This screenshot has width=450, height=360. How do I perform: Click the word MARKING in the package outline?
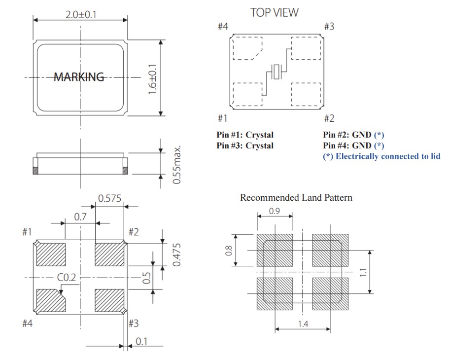click(x=79, y=77)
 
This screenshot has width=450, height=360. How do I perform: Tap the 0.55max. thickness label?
click(x=178, y=165)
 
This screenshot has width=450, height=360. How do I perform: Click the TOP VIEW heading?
click(x=274, y=12)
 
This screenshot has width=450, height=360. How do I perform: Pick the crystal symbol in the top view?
click(x=277, y=72)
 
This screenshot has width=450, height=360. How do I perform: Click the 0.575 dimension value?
click(x=110, y=199)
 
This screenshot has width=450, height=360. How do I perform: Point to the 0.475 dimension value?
click(x=178, y=254)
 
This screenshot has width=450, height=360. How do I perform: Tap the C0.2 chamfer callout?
click(x=67, y=278)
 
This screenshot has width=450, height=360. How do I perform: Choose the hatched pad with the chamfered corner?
click(x=51, y=300)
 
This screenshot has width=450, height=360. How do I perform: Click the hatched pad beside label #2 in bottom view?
click(x=109, y=254)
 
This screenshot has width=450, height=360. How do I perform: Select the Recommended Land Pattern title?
click(x=296, y=198)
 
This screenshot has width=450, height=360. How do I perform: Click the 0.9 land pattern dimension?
click(x=276, y=211)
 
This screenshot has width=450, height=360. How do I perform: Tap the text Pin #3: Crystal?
click(x=245, y=145)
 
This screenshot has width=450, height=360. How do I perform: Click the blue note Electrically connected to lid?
click(x=381, y=156)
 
